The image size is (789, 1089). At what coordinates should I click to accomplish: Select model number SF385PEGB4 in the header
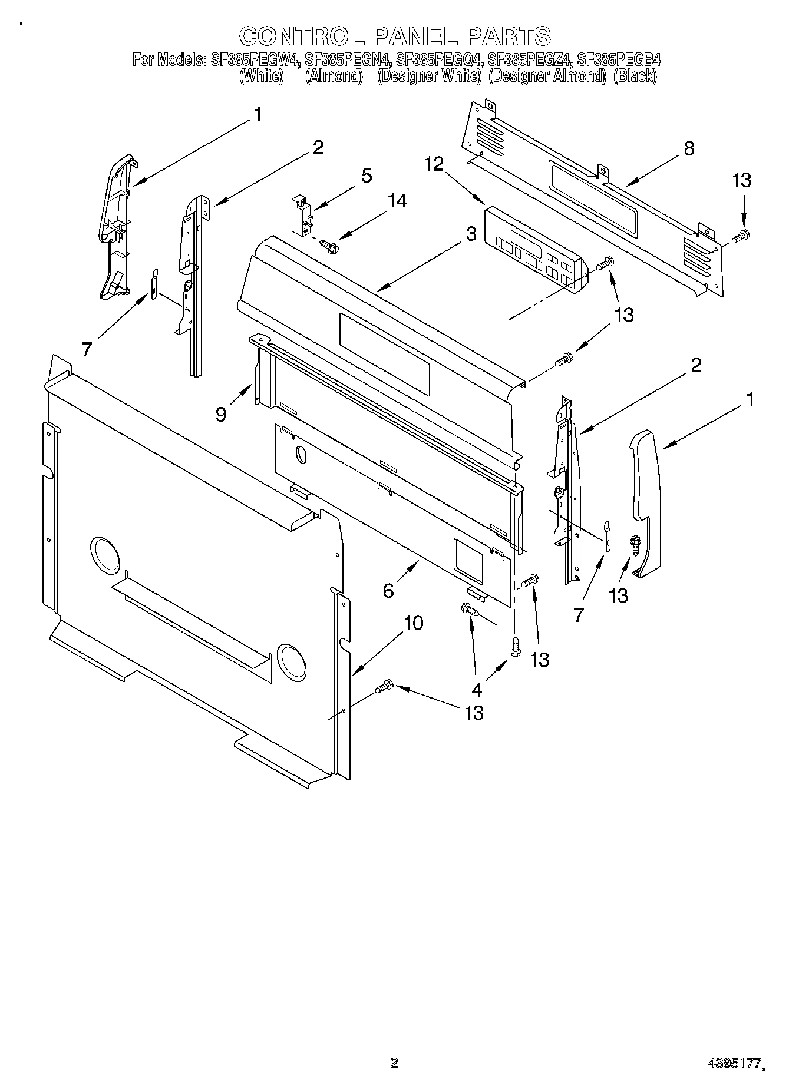618,59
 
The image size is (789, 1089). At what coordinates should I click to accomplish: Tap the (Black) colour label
635,76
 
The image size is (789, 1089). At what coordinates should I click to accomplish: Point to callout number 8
688,148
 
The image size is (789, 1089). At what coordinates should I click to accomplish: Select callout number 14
396,201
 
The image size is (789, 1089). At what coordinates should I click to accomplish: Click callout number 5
366,175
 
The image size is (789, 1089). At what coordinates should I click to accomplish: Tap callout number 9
221,415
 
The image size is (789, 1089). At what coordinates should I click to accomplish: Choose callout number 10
414,623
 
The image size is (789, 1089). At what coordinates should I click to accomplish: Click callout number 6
388,590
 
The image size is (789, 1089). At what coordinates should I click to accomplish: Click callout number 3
471,234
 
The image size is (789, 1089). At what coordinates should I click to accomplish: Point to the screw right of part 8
740,237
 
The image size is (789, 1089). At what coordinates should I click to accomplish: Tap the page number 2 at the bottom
394,1062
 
